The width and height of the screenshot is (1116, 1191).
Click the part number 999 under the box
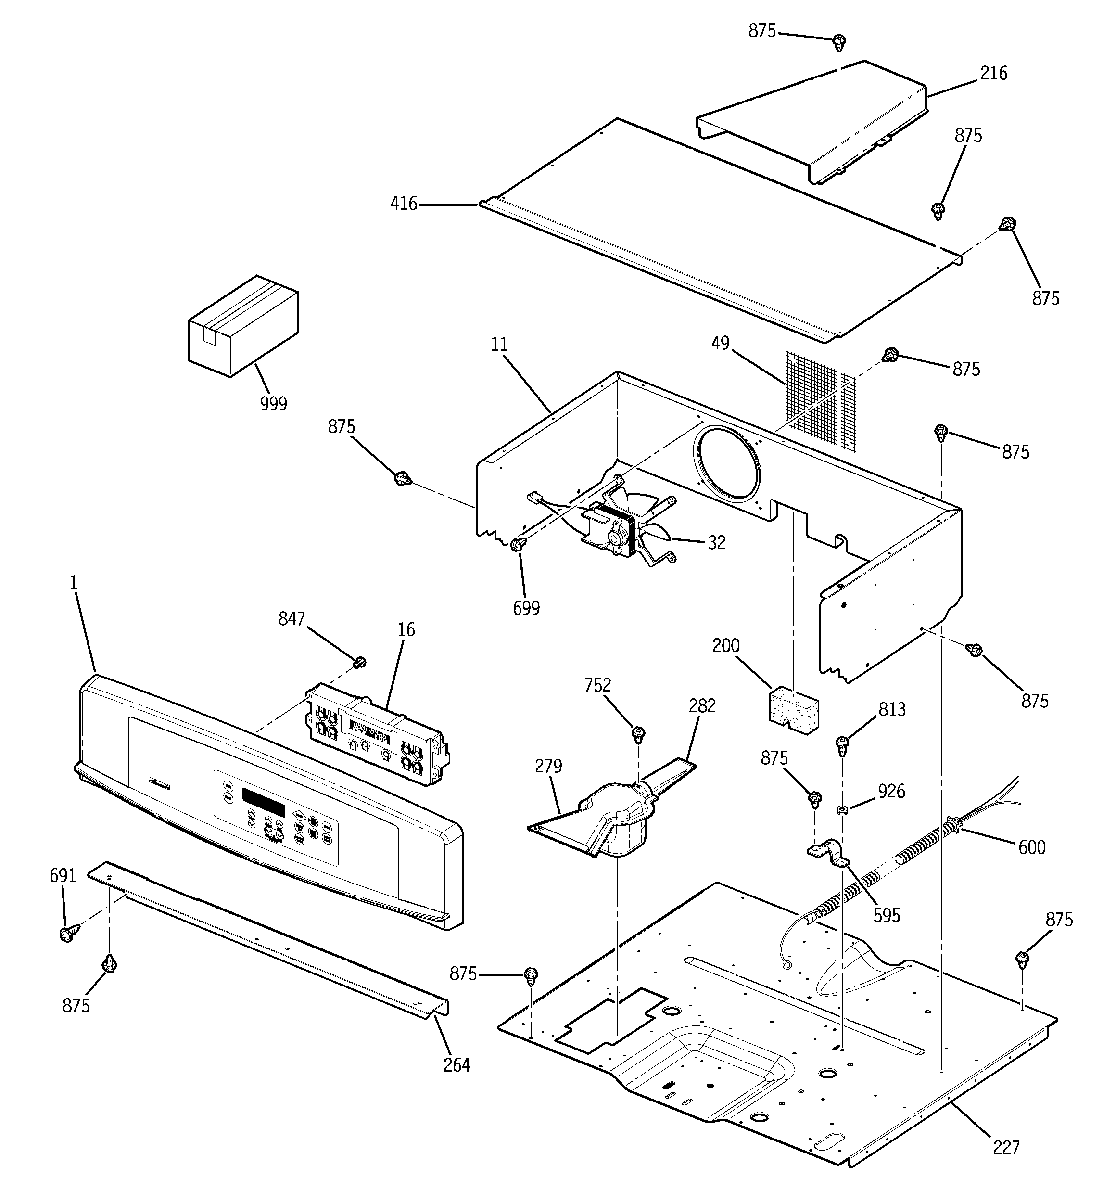(273, 404)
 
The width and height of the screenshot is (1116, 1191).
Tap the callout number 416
(403, 205)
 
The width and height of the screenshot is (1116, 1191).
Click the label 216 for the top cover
(994, 74)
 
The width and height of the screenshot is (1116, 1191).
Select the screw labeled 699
(518, 543)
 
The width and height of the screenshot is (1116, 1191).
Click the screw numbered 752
(638, 732)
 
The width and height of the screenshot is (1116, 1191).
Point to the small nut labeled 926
(842, 810)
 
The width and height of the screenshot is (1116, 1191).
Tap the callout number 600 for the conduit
(1031, 847)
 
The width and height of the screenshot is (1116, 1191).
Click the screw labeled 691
(69, 933)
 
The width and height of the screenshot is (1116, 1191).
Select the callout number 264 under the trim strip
(457, 1064)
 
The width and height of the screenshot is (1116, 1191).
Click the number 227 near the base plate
(1006, 1147)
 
